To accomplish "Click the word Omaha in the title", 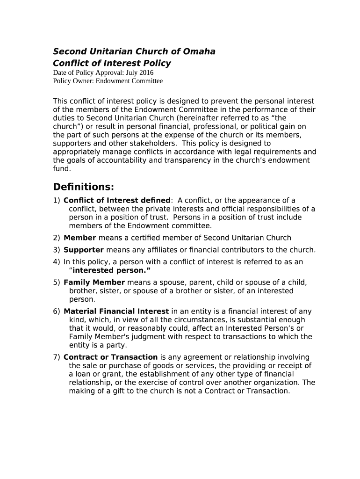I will tap(198, 51).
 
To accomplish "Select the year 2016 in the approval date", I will tap(146, 73).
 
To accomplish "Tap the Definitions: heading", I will tap(84, 187).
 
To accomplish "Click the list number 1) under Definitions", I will tap(57, 201).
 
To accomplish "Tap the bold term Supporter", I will tap(84, 250).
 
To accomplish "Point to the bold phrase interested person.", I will tap(110, 270).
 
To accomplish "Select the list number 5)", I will tap(57, 283).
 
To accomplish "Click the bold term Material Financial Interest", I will tap(116, 312).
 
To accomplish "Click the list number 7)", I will tap(57, 357).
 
